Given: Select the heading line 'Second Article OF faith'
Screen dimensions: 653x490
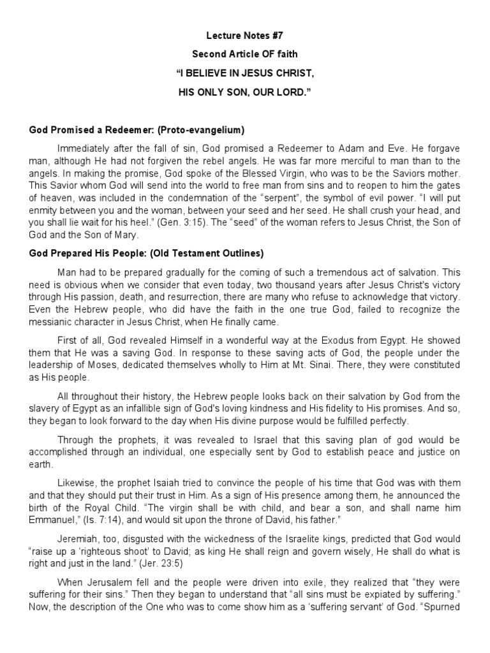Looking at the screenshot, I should (244, 55).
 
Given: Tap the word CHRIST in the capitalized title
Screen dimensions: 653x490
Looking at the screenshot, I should (297, 74).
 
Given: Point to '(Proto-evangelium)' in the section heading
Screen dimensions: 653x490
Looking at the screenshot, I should (204, 130).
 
